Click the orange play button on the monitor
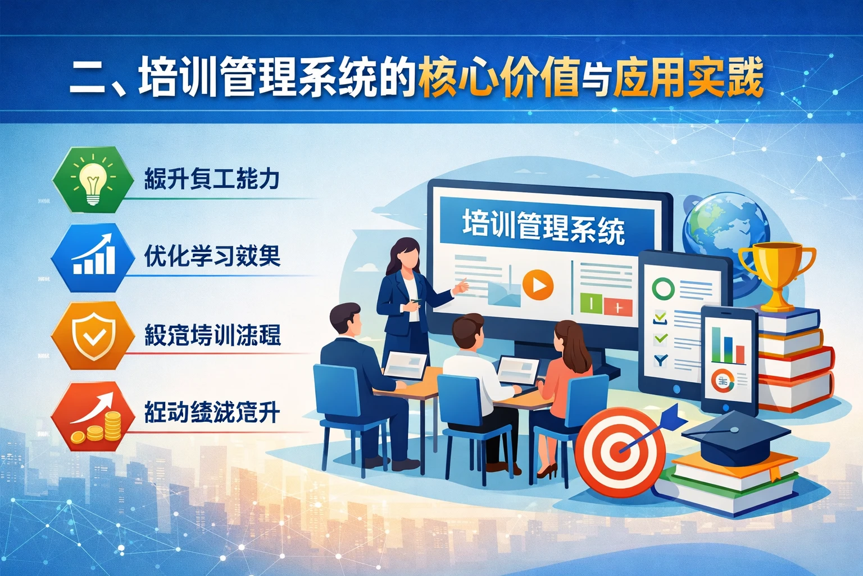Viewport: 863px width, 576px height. coord(538,285)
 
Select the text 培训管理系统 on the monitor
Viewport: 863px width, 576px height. coord(543,226)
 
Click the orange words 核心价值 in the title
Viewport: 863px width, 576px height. coord(498,79)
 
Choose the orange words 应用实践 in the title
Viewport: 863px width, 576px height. coord(688,79)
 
